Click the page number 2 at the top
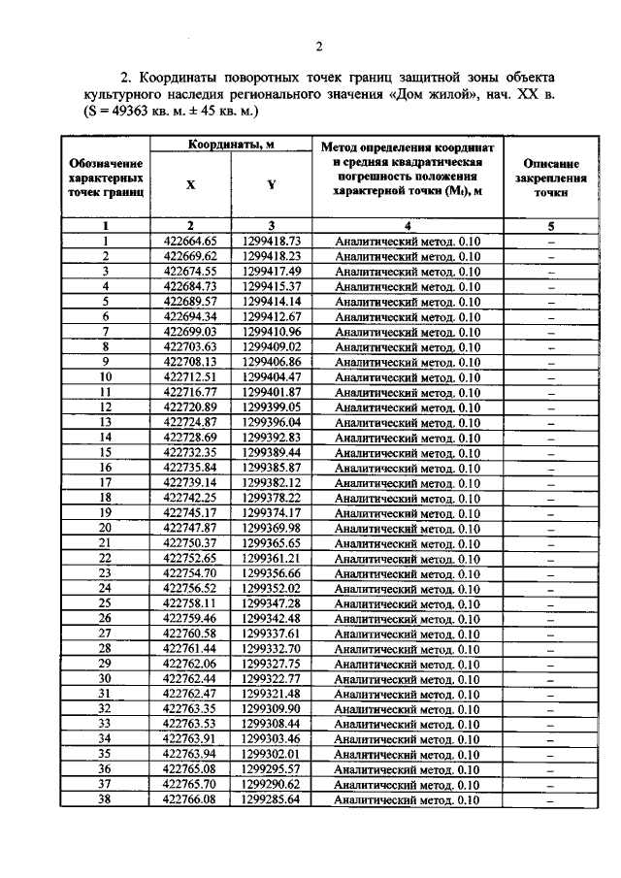point(317,46)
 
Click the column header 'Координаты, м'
point(230,145)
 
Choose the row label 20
point(105,528)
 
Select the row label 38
point(105,799)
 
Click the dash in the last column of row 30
point(550,679)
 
